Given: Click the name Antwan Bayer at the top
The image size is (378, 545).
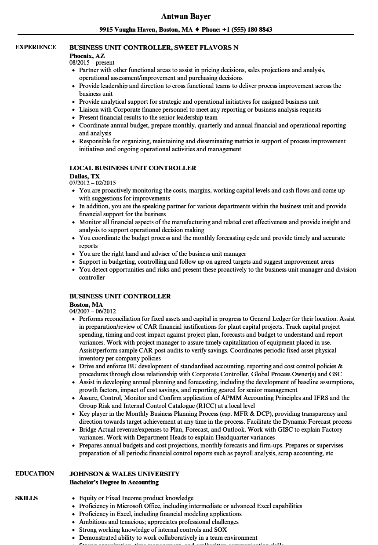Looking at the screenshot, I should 186,16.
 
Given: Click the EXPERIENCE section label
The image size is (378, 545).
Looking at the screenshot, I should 36,47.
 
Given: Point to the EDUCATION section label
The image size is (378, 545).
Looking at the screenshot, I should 35,473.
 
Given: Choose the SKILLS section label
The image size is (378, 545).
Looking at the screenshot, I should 26,498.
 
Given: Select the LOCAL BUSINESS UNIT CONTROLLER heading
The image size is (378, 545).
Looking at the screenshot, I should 133,168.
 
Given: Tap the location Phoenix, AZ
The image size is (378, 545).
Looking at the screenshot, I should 87,55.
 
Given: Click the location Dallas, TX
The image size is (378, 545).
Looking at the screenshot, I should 85,176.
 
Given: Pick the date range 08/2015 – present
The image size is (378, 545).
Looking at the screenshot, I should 92,63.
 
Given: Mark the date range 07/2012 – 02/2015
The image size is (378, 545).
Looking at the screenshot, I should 93,183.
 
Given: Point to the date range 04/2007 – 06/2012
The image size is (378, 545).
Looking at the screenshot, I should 93,311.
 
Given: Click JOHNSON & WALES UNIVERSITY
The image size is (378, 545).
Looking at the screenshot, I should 124,474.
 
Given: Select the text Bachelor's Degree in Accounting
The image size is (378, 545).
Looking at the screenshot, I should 114,482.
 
